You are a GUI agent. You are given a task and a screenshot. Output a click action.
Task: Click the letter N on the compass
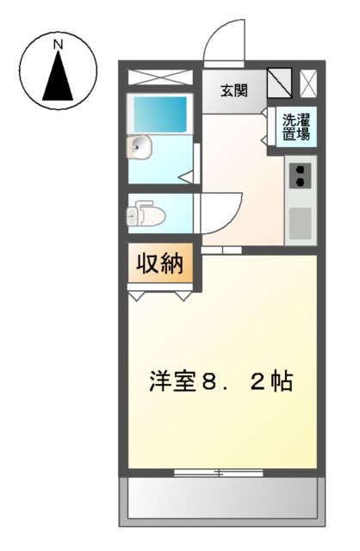[x=59, y=42]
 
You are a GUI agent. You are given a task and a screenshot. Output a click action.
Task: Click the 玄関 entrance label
[x=233, y=90]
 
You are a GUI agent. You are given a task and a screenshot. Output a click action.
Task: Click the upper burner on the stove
[x=300, y=170]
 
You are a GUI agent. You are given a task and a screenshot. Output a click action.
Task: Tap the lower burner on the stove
[x=300, y=183]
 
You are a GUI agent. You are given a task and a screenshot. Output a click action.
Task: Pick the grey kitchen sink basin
[x=300, y=223]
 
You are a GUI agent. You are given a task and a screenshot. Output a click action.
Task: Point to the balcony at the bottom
[x=224, y=499]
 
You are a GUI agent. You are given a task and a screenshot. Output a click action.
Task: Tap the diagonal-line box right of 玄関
[x=280, y=83]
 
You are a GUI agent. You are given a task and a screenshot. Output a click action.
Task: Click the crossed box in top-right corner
[x=309, y=83]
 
